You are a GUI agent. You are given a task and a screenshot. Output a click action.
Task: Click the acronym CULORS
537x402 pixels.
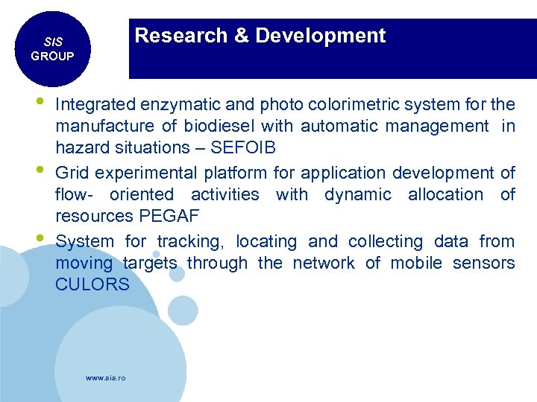92,285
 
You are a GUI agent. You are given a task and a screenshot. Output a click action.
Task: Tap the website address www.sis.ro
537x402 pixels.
106,378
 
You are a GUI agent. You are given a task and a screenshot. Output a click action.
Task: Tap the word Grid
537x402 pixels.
72,173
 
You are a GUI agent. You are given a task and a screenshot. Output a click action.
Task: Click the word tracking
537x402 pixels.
191,242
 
